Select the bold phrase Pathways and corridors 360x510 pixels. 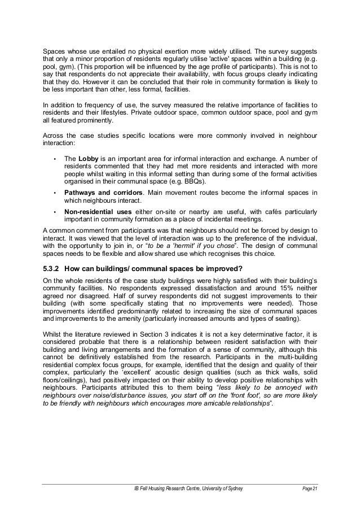coord(104,193)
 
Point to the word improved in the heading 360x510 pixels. coord(220,267)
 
